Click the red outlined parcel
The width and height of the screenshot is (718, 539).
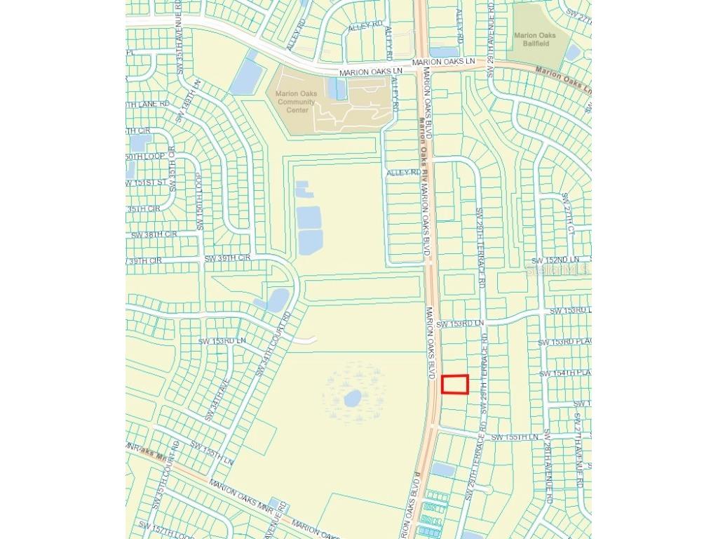pyautogui.click(x=455, y=385)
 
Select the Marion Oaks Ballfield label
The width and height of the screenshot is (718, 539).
pyautogui.click(x=535, y=39)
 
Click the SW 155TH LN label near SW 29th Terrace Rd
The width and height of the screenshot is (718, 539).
pyautogui.click(x=515, y=437)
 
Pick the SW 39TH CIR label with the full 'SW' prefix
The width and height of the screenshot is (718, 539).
pyautogui.click(x=227, y=259)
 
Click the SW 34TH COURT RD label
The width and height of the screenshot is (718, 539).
pyautogui.click(x=273, y=345)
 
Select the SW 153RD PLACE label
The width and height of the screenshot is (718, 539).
pyautogui.click(x=564, y=342)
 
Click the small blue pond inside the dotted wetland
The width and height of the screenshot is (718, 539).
pyautogui.click(x=353, y=399)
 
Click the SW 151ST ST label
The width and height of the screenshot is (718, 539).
pyautogui.click(x=147, y=183)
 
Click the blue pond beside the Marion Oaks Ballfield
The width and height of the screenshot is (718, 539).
pyautogui.click(x=573, y=53)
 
